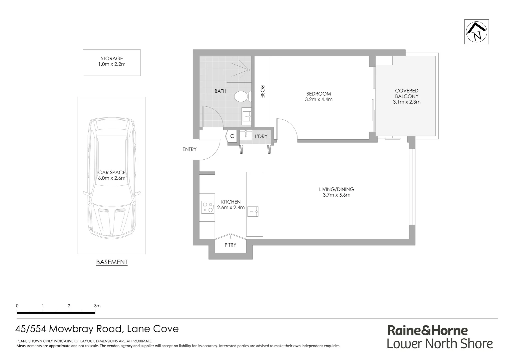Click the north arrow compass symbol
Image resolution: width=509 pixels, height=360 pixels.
click(477, 32)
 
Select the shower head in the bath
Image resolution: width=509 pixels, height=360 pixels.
click(248, 70)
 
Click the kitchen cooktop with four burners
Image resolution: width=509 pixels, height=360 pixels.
click(208, 207)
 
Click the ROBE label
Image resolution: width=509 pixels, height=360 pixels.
click(262, 92)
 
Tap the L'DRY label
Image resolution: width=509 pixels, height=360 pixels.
click(261, 136)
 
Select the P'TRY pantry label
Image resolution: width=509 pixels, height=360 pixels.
click(230, 245)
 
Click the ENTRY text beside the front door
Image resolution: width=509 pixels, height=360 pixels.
click(190, 149)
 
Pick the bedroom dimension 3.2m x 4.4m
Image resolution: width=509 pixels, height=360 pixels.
click(318, 99)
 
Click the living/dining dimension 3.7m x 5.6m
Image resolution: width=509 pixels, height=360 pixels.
click(336, 195)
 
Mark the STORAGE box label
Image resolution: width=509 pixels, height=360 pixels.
click(112, 58)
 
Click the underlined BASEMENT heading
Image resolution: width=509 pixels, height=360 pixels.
click(112, 262)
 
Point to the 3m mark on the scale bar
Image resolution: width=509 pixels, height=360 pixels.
click(97, 306)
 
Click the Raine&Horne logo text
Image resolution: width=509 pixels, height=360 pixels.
click(427, 331)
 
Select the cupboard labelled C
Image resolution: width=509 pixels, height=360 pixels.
click(232, 136)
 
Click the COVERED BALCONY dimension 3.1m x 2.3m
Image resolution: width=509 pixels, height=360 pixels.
click(406, 102)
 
